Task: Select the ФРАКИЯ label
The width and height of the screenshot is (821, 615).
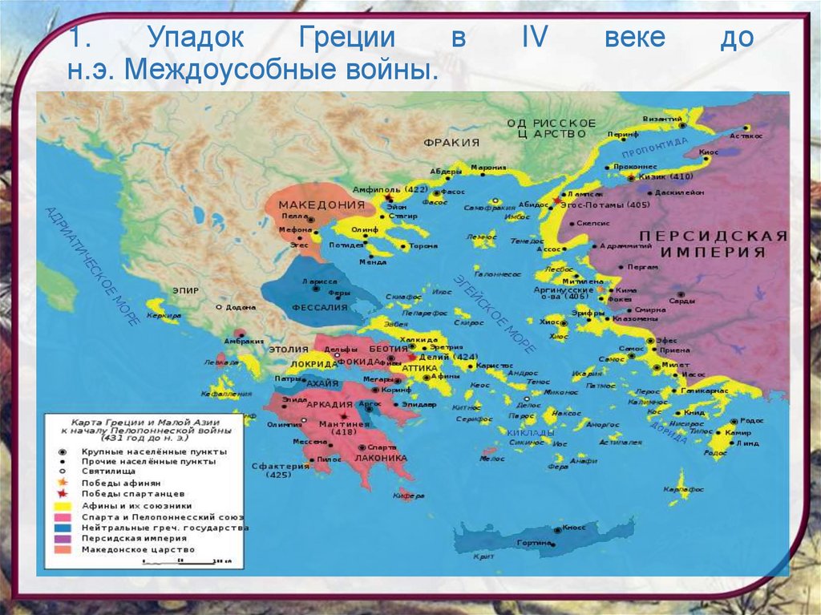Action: tap(451, 142)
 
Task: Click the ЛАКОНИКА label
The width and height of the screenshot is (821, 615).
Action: tap(376, 458)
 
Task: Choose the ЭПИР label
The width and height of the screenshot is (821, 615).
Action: tap(186, 290)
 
